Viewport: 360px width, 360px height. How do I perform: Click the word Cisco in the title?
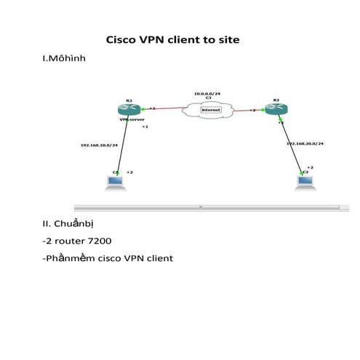(x=124, y=41)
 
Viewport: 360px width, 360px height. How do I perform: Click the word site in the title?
(x=228, y=41)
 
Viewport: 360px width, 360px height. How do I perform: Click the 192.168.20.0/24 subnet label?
(x=305, y=144)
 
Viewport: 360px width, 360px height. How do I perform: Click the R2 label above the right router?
(x=276, y=100)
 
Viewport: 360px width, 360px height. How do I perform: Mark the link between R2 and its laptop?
(x=290, y=149)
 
